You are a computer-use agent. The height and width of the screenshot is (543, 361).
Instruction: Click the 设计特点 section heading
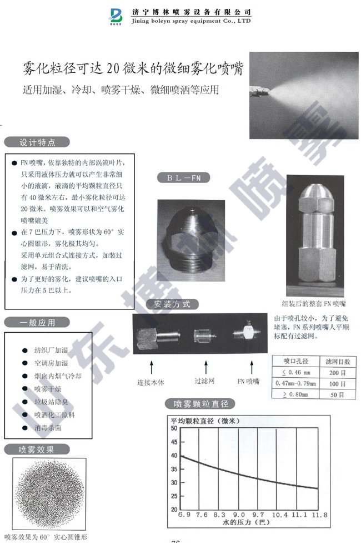point(37,142)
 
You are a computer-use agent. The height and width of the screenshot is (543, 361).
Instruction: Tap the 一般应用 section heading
point(37,322)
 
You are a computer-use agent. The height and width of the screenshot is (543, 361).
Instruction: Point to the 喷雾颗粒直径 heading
point(201,404)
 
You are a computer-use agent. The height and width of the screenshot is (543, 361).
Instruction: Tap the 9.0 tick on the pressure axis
point(239,516)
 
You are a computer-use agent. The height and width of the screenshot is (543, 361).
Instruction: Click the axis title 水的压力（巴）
point(243,525)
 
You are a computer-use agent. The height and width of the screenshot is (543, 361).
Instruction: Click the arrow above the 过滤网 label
point(206,368)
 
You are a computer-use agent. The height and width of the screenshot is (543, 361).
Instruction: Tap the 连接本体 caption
point(151,382)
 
